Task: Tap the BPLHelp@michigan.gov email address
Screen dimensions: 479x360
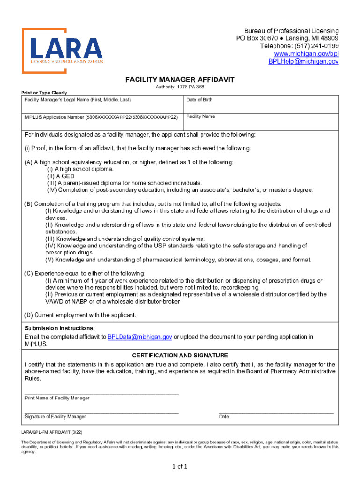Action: [x=303, y=62]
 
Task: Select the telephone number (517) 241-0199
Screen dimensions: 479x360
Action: [x=315, y=46]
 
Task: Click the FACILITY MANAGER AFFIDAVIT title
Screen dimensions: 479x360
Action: [x=180, y=80]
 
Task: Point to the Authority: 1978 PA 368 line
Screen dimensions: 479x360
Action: [x=180, y=87]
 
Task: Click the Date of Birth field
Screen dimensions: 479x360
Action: [x=261, y=105]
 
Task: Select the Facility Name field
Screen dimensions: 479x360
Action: [x=261, y=123]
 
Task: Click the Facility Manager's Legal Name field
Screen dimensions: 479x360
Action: [x=103, y=106]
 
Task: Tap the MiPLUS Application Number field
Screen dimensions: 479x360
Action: [x=103, y=123]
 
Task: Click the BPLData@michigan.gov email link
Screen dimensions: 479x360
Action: [x=140, y=337]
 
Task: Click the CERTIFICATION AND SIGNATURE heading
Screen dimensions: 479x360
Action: [x=180, y=356]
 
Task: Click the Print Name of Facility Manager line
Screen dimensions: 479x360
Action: [x=101, y=392]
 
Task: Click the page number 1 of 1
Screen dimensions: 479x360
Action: [x=180, y=466]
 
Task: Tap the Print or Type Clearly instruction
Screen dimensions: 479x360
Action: [x=46, y=93]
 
